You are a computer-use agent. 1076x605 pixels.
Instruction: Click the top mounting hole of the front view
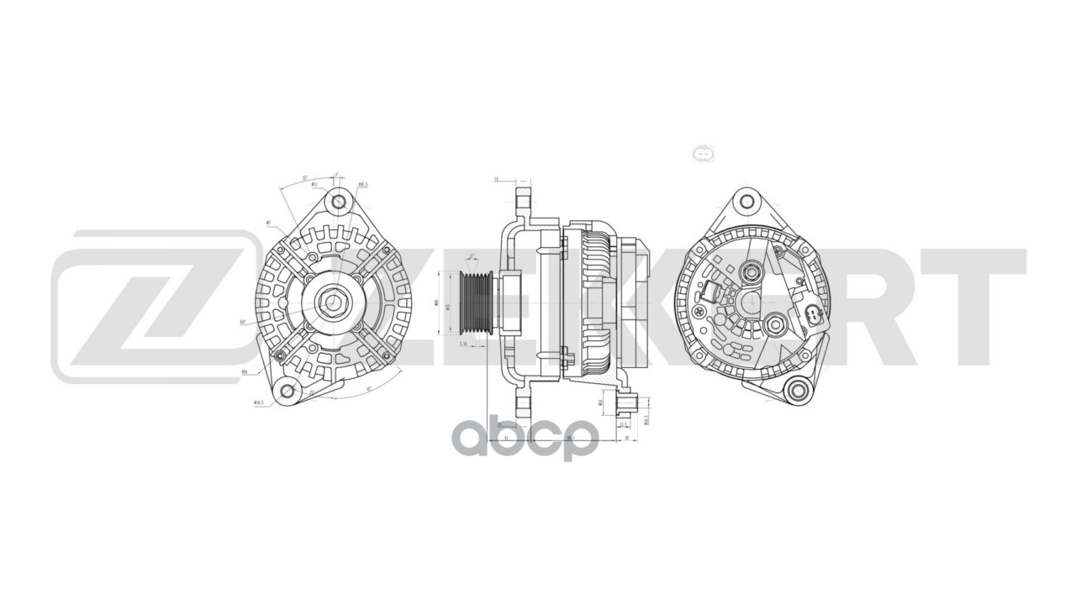click(339, 202)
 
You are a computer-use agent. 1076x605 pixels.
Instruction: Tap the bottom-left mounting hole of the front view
click(287, 390)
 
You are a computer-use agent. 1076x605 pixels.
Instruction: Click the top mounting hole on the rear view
click(746, 202)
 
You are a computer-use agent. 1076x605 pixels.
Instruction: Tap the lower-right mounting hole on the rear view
click(796, 389)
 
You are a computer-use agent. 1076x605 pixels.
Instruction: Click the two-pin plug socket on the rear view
click(812, 316)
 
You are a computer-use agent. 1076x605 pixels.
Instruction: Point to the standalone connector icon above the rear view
click(702, 154)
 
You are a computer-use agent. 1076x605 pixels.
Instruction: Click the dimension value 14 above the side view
click(497, 179)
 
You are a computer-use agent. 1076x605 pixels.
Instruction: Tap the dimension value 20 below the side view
click(627, 439)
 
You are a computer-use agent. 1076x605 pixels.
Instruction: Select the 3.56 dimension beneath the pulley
click(462, 344)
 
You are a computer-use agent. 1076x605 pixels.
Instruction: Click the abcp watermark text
click(525, 438)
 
